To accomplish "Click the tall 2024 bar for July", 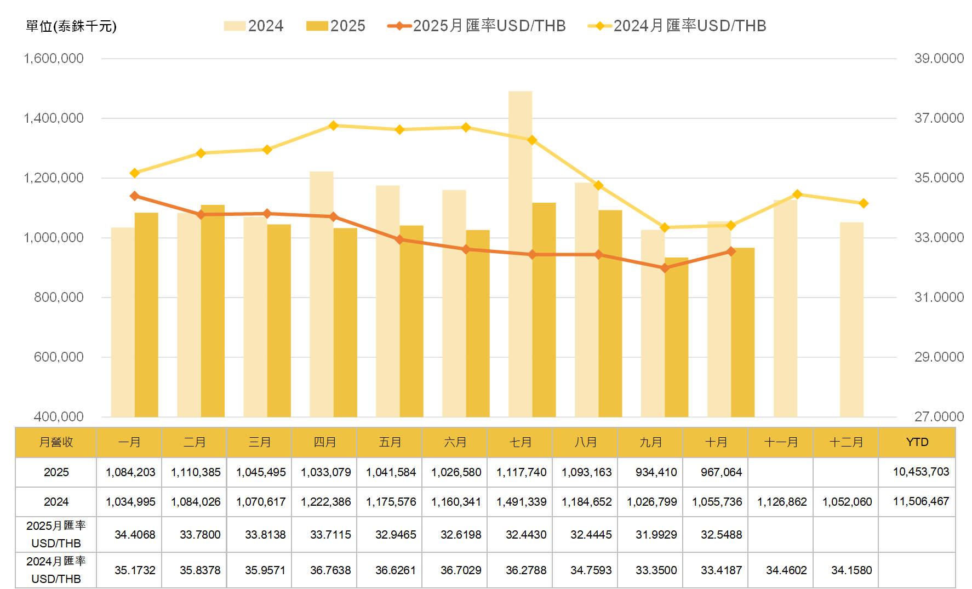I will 520,252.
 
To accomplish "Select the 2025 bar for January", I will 146,314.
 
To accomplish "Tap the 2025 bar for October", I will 743,332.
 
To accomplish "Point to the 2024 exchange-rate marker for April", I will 333,126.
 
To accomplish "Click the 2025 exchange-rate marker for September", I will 665,268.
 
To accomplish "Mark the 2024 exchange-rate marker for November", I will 797,195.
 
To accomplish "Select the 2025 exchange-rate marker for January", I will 135,196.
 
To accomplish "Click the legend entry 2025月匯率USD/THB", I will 477,26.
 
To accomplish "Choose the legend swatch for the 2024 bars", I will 235,26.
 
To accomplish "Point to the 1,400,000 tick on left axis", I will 54,118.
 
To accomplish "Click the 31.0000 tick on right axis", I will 939,298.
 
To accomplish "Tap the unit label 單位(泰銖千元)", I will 71,26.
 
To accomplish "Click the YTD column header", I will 917,442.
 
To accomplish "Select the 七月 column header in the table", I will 521,442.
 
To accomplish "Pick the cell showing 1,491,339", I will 521,502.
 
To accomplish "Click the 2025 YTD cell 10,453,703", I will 920,472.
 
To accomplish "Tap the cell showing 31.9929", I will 656,535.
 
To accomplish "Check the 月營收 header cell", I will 56,442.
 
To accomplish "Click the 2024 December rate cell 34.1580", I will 851,570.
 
